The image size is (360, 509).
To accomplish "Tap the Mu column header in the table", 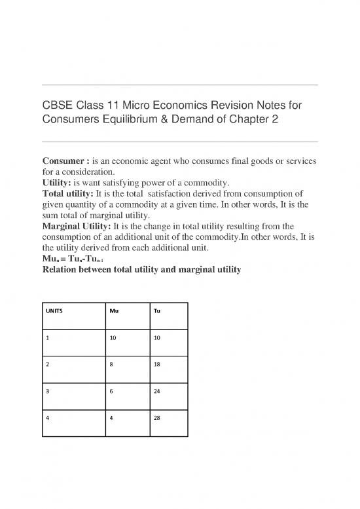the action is (x=113, y=312).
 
